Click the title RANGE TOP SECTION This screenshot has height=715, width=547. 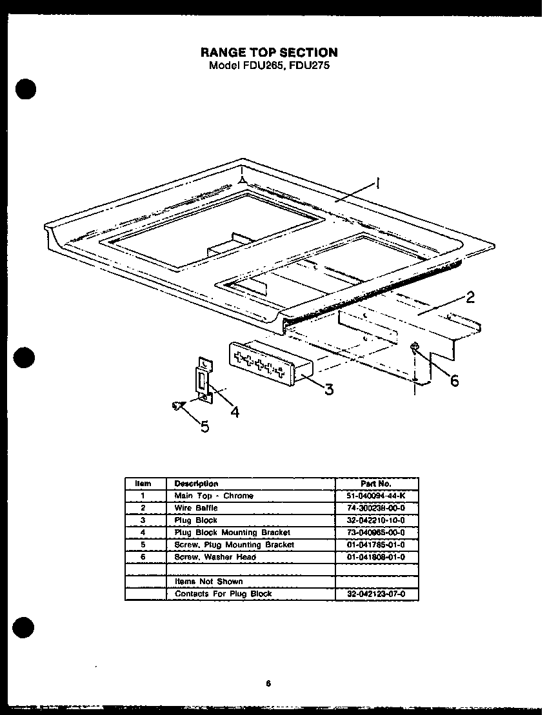pos(270,53)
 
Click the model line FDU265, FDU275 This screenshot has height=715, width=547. pos(270,65)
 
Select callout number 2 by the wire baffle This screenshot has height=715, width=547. pos(470,297)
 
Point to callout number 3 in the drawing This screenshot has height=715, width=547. pos(329,389)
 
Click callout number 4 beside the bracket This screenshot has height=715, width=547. pos(235,412)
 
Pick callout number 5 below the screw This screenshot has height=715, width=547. pos(204,426)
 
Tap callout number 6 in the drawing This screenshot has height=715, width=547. pos(454,381)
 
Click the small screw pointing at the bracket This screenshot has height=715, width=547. pos(176,405)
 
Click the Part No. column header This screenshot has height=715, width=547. pos(377,484)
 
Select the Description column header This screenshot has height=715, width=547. pos(196,484)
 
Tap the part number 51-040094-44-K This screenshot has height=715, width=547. pos(377,496)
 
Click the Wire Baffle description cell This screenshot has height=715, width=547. pos(196,508)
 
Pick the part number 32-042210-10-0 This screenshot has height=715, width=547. pos(377,520)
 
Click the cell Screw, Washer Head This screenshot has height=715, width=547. pos(215,557)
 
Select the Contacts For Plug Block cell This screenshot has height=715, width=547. pos(223,594)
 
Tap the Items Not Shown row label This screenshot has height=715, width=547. pos(208,582)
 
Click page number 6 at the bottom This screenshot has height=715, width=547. pos(267,684)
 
